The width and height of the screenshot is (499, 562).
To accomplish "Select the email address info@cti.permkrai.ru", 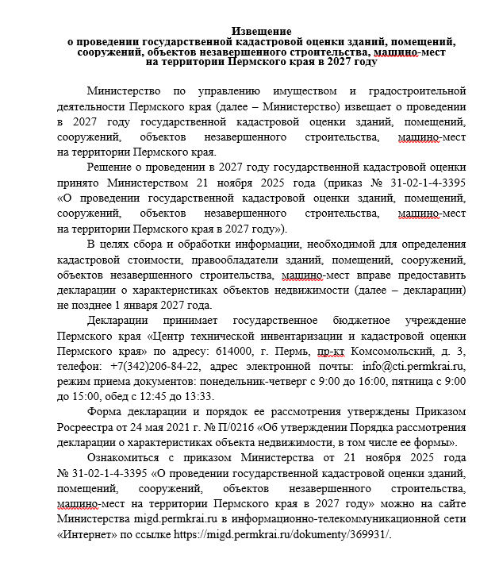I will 413,366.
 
